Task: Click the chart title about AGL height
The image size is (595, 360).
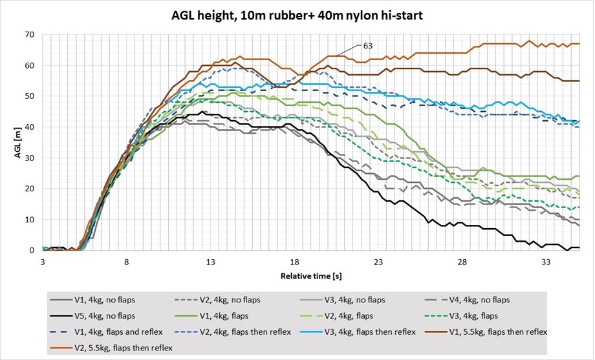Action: [x=297, y=15]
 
